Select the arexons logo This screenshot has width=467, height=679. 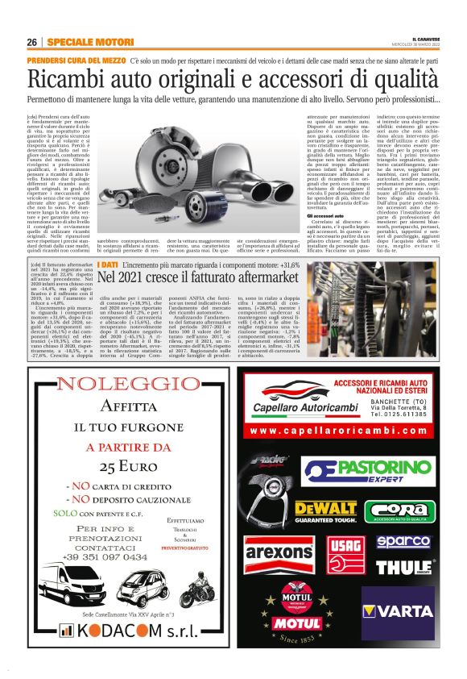[x=279, y=553]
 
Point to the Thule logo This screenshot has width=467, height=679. [x=404, y=567]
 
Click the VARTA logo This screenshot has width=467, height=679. [x=403, y=610]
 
